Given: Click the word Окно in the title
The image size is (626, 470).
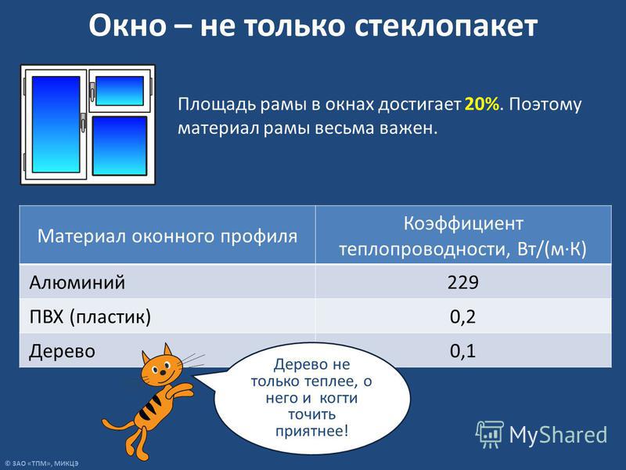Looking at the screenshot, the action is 128,26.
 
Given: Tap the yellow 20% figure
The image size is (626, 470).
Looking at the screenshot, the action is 482,104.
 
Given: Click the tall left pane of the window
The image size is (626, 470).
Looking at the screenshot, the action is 56,125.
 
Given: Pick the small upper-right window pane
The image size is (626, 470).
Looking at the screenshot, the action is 120,91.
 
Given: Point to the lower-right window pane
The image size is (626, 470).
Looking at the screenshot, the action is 120,146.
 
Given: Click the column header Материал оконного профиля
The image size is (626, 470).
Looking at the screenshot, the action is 167,236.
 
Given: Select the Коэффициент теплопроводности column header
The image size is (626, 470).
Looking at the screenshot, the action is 462,236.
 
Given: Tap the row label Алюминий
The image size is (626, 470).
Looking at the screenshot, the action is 77,282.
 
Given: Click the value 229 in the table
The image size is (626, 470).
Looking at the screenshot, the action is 462,282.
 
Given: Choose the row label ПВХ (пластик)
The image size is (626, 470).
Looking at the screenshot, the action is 90,317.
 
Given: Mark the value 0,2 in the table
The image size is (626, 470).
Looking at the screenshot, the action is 462,317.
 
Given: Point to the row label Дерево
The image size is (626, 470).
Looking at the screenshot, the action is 62,351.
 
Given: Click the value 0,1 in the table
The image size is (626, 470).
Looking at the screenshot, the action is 462,351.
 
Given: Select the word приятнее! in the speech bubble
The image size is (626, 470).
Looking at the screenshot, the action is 311,432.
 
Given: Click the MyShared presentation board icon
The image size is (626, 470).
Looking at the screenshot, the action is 490,435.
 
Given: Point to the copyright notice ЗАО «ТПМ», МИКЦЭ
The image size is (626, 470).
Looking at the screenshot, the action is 41,464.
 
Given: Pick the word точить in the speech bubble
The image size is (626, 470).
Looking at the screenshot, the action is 311,414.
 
